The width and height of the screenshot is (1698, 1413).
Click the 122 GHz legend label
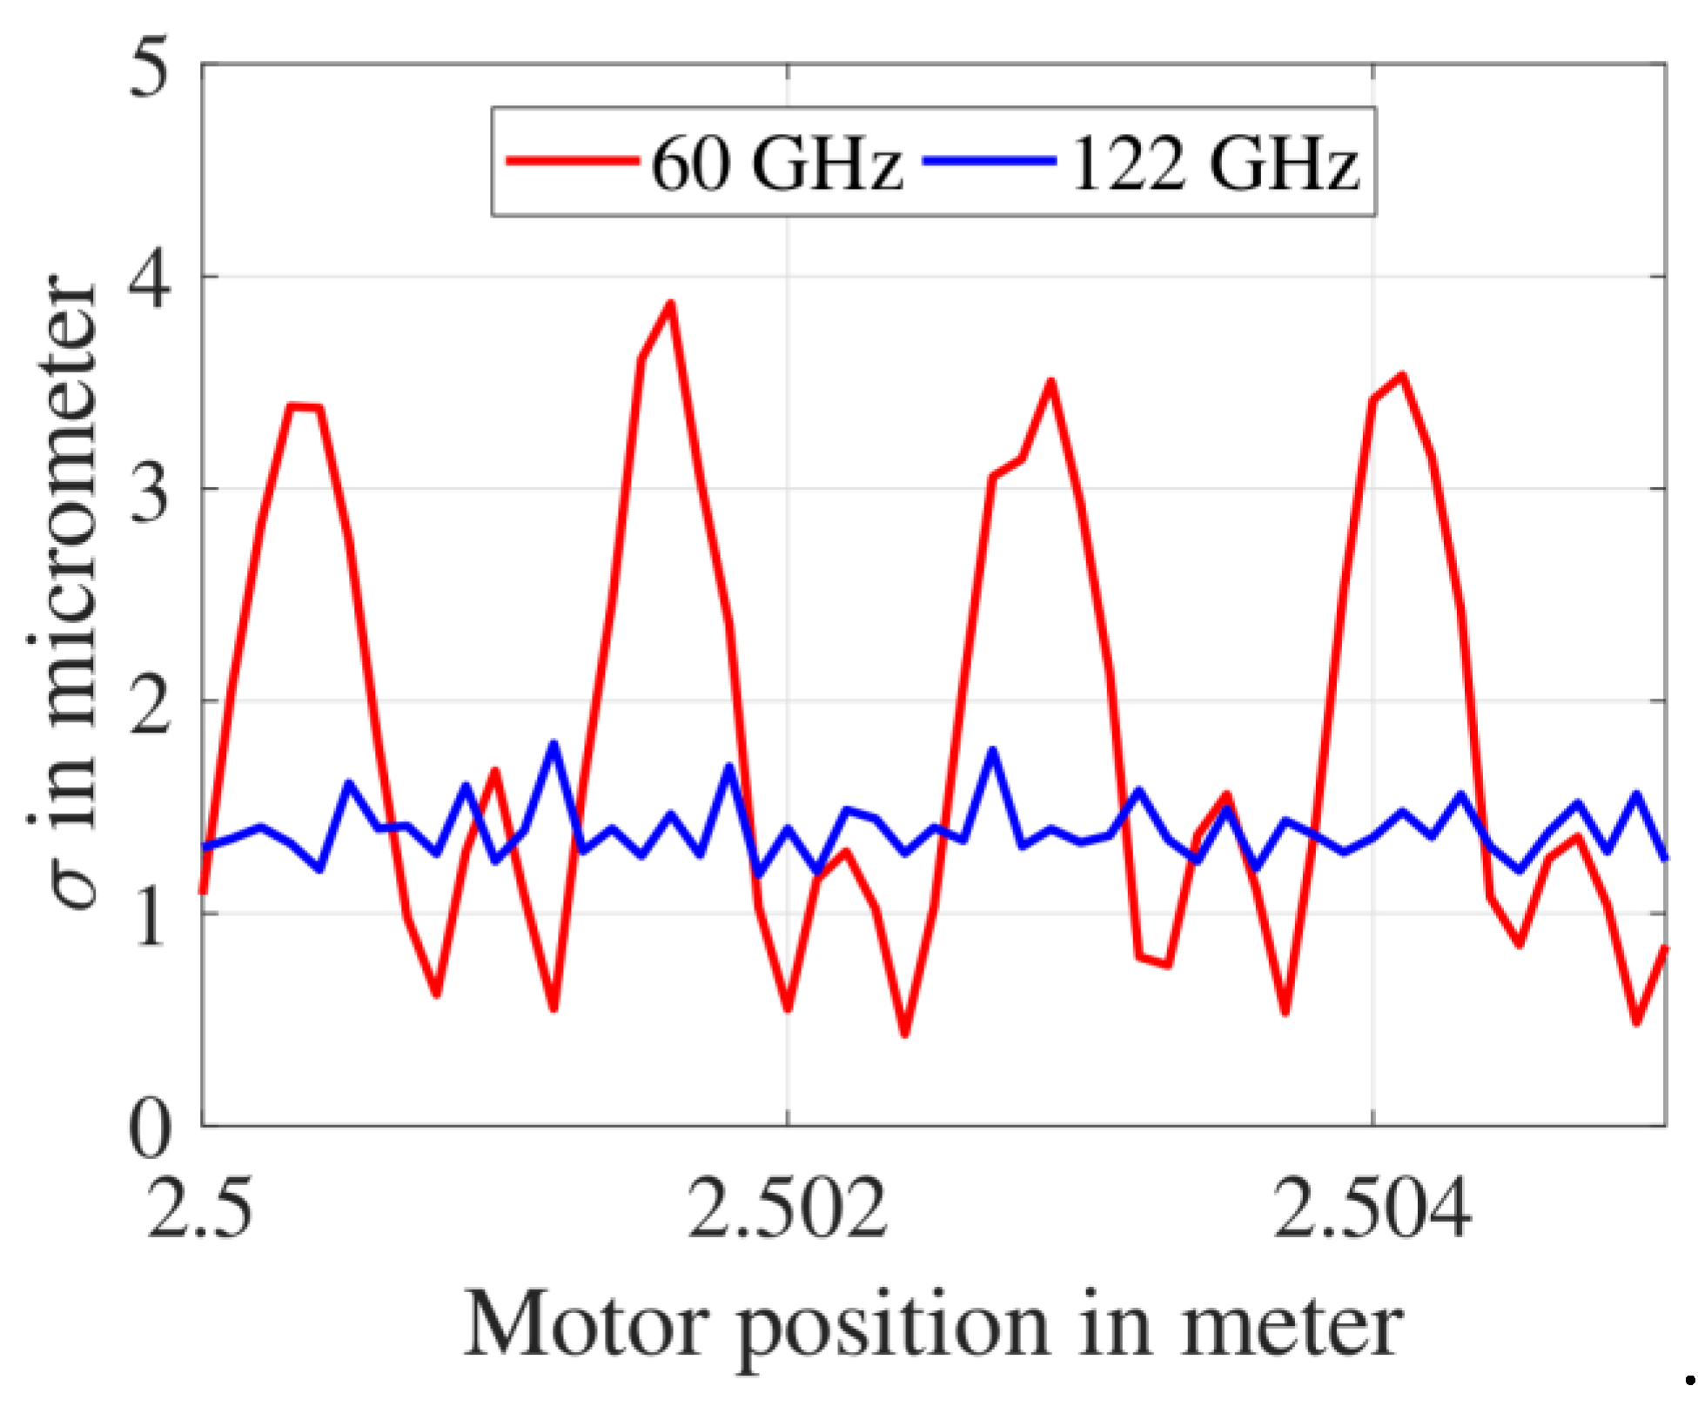click(1214, 163)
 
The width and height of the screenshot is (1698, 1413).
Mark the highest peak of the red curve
click(670, 304)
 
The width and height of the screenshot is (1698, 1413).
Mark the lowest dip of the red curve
click(905, 1034)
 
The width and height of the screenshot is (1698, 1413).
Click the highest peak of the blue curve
click(553, 744)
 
